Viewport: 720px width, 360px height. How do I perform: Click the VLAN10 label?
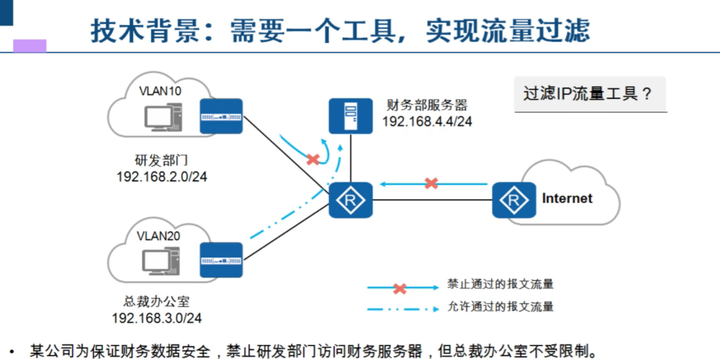point(160,91)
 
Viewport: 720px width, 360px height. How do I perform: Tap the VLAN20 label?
point(158,236)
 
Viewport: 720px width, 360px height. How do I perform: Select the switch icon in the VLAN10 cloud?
point(221,116)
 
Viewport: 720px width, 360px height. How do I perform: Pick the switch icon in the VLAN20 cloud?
point(221,260)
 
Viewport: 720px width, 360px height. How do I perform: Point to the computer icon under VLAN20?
point(161,261)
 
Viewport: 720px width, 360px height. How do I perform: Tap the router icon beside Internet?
point(513,200)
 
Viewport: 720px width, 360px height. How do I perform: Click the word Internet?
point(567,198)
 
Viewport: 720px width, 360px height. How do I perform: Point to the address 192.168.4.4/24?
point(427,122)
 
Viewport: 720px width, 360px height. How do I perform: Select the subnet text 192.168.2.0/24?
point(162,177)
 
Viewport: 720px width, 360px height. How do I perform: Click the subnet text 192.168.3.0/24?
point(156,318)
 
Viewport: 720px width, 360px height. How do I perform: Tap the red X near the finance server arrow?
point(313,160)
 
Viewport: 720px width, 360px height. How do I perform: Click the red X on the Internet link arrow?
point(431,183)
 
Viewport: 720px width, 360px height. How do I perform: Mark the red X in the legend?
point(399,289)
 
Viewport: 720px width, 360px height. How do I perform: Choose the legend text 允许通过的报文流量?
point(500,306)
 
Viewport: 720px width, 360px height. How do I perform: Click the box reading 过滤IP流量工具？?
point(590,94)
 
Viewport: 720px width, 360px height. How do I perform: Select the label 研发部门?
point(162,161)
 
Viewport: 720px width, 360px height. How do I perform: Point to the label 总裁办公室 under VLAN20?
point(156,302)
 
